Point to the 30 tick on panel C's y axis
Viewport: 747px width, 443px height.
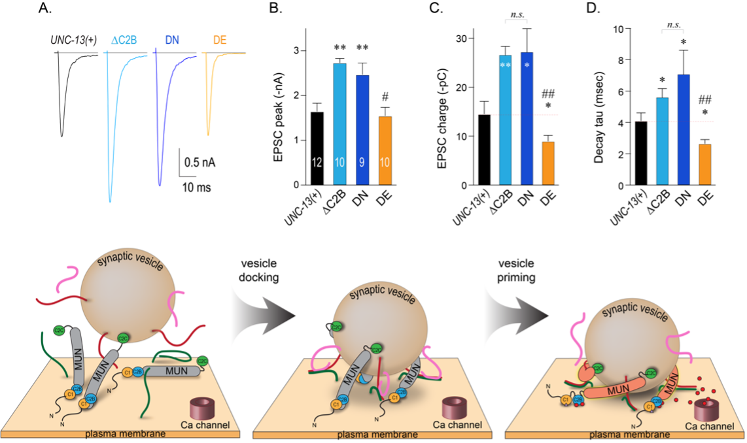pyautogui.click(x=446, y=38)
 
